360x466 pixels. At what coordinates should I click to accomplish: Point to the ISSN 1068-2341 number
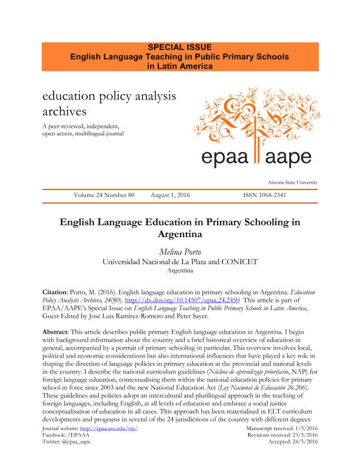(264, 194)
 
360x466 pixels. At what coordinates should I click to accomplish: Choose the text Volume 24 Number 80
(105, 194)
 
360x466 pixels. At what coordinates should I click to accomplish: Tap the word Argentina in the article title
(180, 234)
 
